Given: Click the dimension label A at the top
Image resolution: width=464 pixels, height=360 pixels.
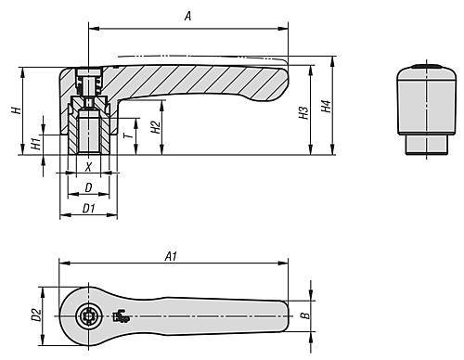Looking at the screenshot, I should [x=189, y=16].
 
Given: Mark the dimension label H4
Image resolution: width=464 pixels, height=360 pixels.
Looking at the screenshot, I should [x=326, y=109].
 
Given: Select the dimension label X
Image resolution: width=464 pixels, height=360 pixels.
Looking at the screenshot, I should [x=88, y=168].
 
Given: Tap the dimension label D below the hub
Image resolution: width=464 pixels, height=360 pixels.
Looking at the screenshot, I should [x=88, y=188].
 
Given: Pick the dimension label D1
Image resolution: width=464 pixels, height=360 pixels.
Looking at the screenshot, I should [x=88, y=209].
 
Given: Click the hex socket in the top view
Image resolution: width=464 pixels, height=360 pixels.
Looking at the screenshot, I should [x=89, y=316].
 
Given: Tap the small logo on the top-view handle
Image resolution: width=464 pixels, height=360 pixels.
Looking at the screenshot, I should [x=120, y=316].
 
